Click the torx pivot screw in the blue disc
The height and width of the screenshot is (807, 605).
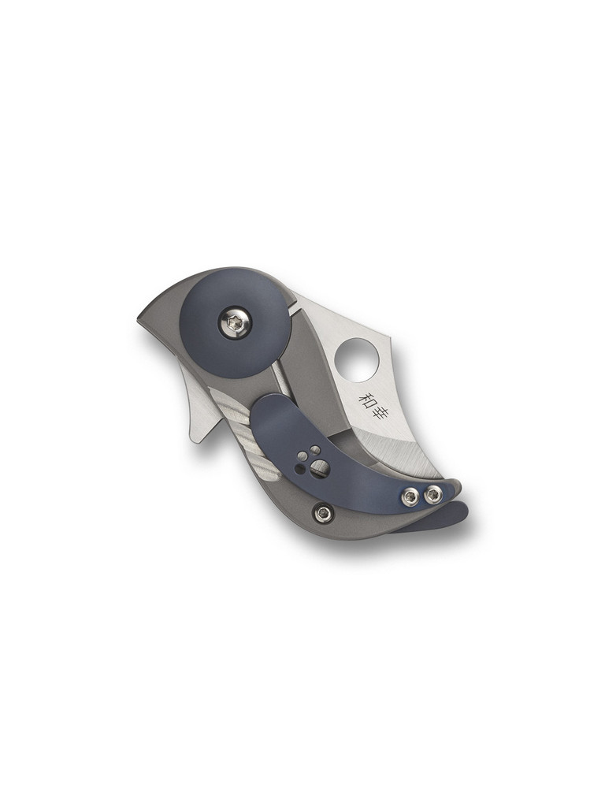pyautogui.click(x=235, y=322)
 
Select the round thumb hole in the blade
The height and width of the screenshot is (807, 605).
pyautogui.click(x=357, y=359)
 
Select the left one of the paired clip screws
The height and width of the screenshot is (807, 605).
pyautogui.click(x=410, y=497)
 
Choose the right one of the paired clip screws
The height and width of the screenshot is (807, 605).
pyautogui.click(x=432, y=495)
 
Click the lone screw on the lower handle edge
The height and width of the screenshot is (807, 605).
pyautogui.click(x=322, y=514)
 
